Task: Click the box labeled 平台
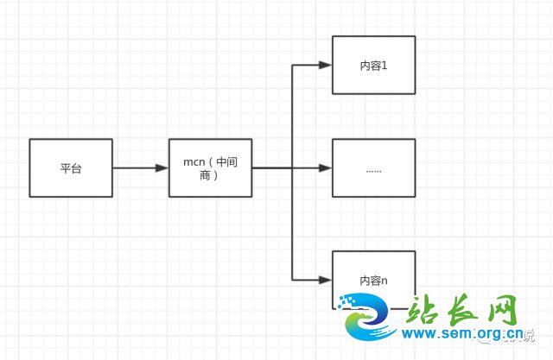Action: (70, 167)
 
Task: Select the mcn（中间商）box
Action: (210, 167)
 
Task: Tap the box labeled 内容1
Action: (373, 65)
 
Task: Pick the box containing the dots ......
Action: (373, 167)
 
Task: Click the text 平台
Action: (70, 168)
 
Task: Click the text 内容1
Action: (373, 66)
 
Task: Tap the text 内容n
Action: (373, 281)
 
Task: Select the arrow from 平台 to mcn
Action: (138, 167)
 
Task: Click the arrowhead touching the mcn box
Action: (162, 167)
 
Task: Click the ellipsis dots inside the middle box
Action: (373, 169)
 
